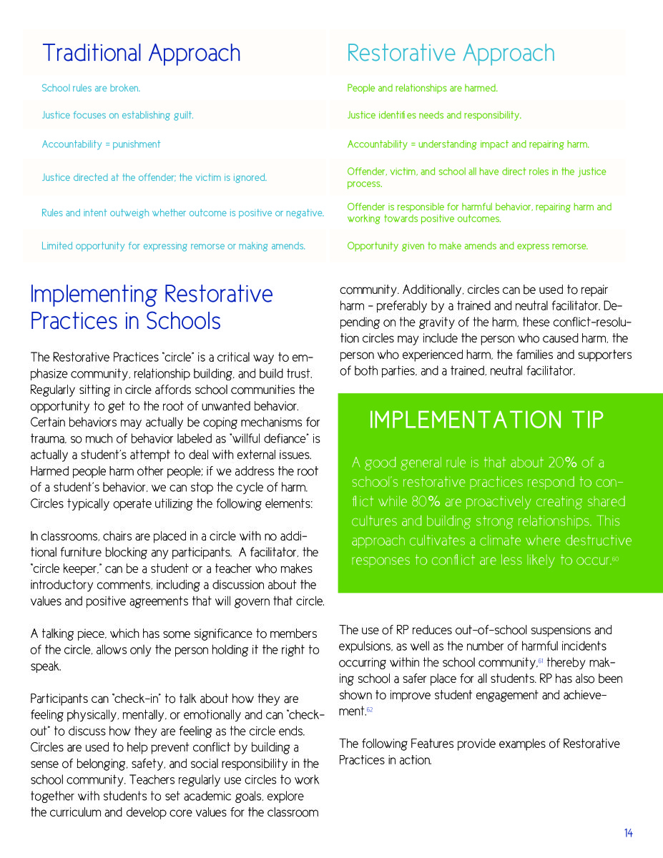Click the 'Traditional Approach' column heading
[141, 53]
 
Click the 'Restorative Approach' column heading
[451, 53]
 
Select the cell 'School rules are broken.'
[91, 89]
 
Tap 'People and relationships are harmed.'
[422, 89]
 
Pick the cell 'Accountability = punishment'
[101, 144]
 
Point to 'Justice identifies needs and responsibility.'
[434, 115]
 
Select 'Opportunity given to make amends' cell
[467, 246]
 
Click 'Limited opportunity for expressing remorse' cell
[173, 246]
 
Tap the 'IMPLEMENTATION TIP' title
[486, 420]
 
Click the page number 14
[628, 833]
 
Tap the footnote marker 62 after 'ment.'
[370, 711]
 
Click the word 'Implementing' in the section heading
[94, 295]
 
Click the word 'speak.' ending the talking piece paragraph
[46, 666]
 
